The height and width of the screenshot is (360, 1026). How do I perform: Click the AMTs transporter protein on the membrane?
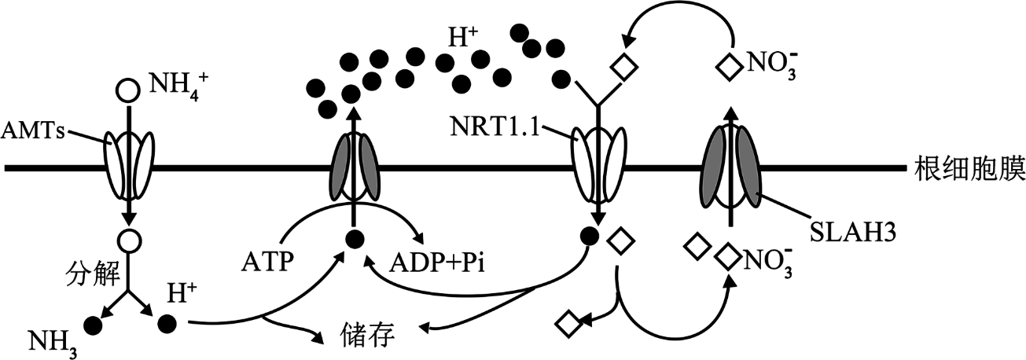pos(128,167)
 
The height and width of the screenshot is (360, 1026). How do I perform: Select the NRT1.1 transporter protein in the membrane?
pos(599,167)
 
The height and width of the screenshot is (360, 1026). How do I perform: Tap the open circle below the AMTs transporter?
pos(128,241)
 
